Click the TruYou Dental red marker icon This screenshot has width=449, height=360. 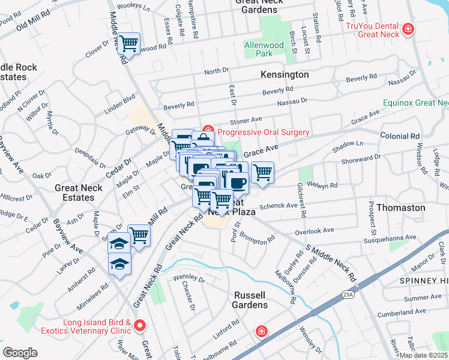click(x=408, y=29)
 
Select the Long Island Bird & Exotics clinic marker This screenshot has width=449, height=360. click(x=140, y=326)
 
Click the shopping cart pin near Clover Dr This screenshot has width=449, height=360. click(x=128, y=43)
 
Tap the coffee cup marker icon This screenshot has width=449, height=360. click(x=237, y=182)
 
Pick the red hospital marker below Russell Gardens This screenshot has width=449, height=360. click(x=261, y=331)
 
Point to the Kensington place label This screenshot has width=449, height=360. click(x=285, y=75)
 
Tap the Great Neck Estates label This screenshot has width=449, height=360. click(x=83, y=192)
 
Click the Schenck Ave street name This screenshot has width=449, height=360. click(x=279, y=205)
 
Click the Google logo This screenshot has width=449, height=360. click(x=20, y=352)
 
